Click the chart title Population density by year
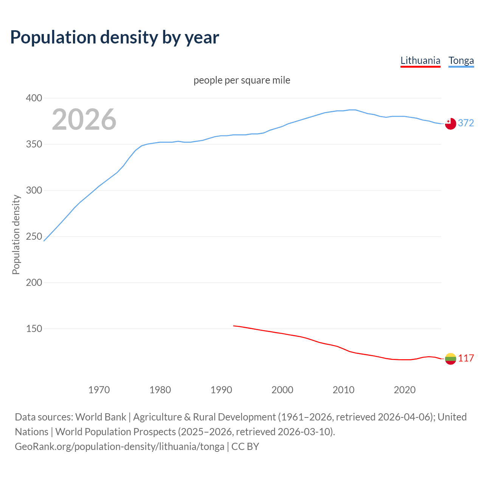pos(115,37)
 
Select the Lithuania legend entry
pos(420,60)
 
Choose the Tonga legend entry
pos(461,60)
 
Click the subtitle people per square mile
pos(242,80)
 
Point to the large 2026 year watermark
pos(84,119)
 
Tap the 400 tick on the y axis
pos(34,98)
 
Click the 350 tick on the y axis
pos(34,144)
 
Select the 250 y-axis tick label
pos(34,237)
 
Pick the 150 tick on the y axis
pos(34,329)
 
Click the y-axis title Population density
pos(16,234)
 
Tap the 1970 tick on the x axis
pos(99,390)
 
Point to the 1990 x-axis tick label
pos(221,390)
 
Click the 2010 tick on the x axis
pos(343,390)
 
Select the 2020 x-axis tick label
pos(405,390)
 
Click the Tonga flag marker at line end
pos(450,124)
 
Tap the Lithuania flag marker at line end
pos(450,358)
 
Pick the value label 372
pos(466,123)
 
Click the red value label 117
pos(466,358)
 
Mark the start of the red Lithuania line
pos(234,326)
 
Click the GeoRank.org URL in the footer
pos(119,447)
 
